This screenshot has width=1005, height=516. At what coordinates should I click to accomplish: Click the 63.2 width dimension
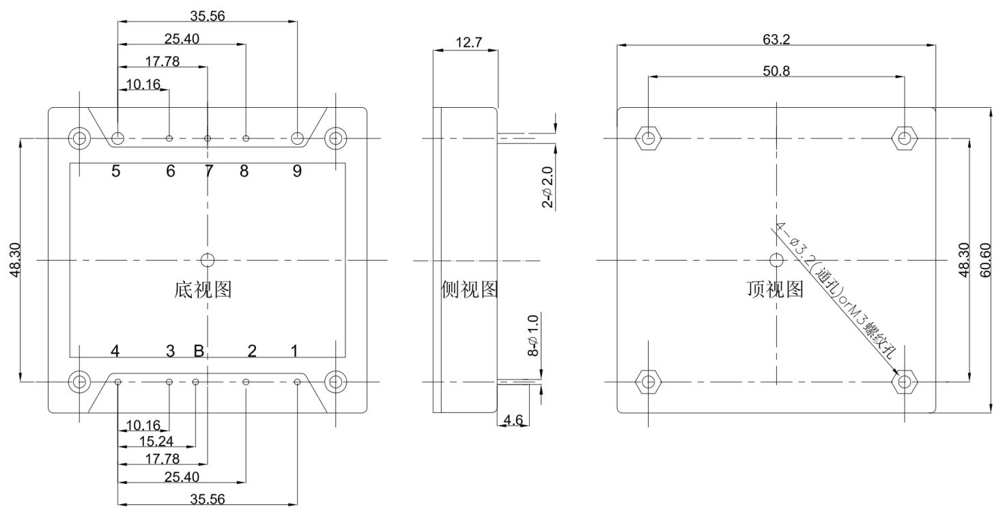tap(776, 40)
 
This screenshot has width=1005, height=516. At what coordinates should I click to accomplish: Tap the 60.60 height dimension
tap(985, 260)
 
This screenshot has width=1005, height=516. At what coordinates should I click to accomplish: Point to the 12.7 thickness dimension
tap(468, 42)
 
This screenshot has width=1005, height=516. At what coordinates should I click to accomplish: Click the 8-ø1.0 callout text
tap(533, 335)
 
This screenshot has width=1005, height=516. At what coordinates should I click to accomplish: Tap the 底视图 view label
tap(203, 290)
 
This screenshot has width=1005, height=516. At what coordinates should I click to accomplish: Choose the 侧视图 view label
tap(469, 290)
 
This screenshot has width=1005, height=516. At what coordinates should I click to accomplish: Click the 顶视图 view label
tap(776, 290)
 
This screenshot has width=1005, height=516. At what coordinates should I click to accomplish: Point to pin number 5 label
tap(116, 171)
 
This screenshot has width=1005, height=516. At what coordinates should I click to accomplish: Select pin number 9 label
tap(297, 171)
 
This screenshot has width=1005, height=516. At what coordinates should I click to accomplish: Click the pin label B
tap(199, 352)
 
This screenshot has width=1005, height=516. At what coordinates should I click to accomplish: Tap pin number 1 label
tap(294, 352)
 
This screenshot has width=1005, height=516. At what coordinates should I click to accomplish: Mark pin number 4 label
tap(115, 352)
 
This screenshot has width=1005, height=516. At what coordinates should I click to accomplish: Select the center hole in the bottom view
tap(208, 259)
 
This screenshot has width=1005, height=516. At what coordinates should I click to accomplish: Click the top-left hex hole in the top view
tap(649, 139)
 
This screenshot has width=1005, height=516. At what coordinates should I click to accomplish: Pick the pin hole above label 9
tap(298, 139)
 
